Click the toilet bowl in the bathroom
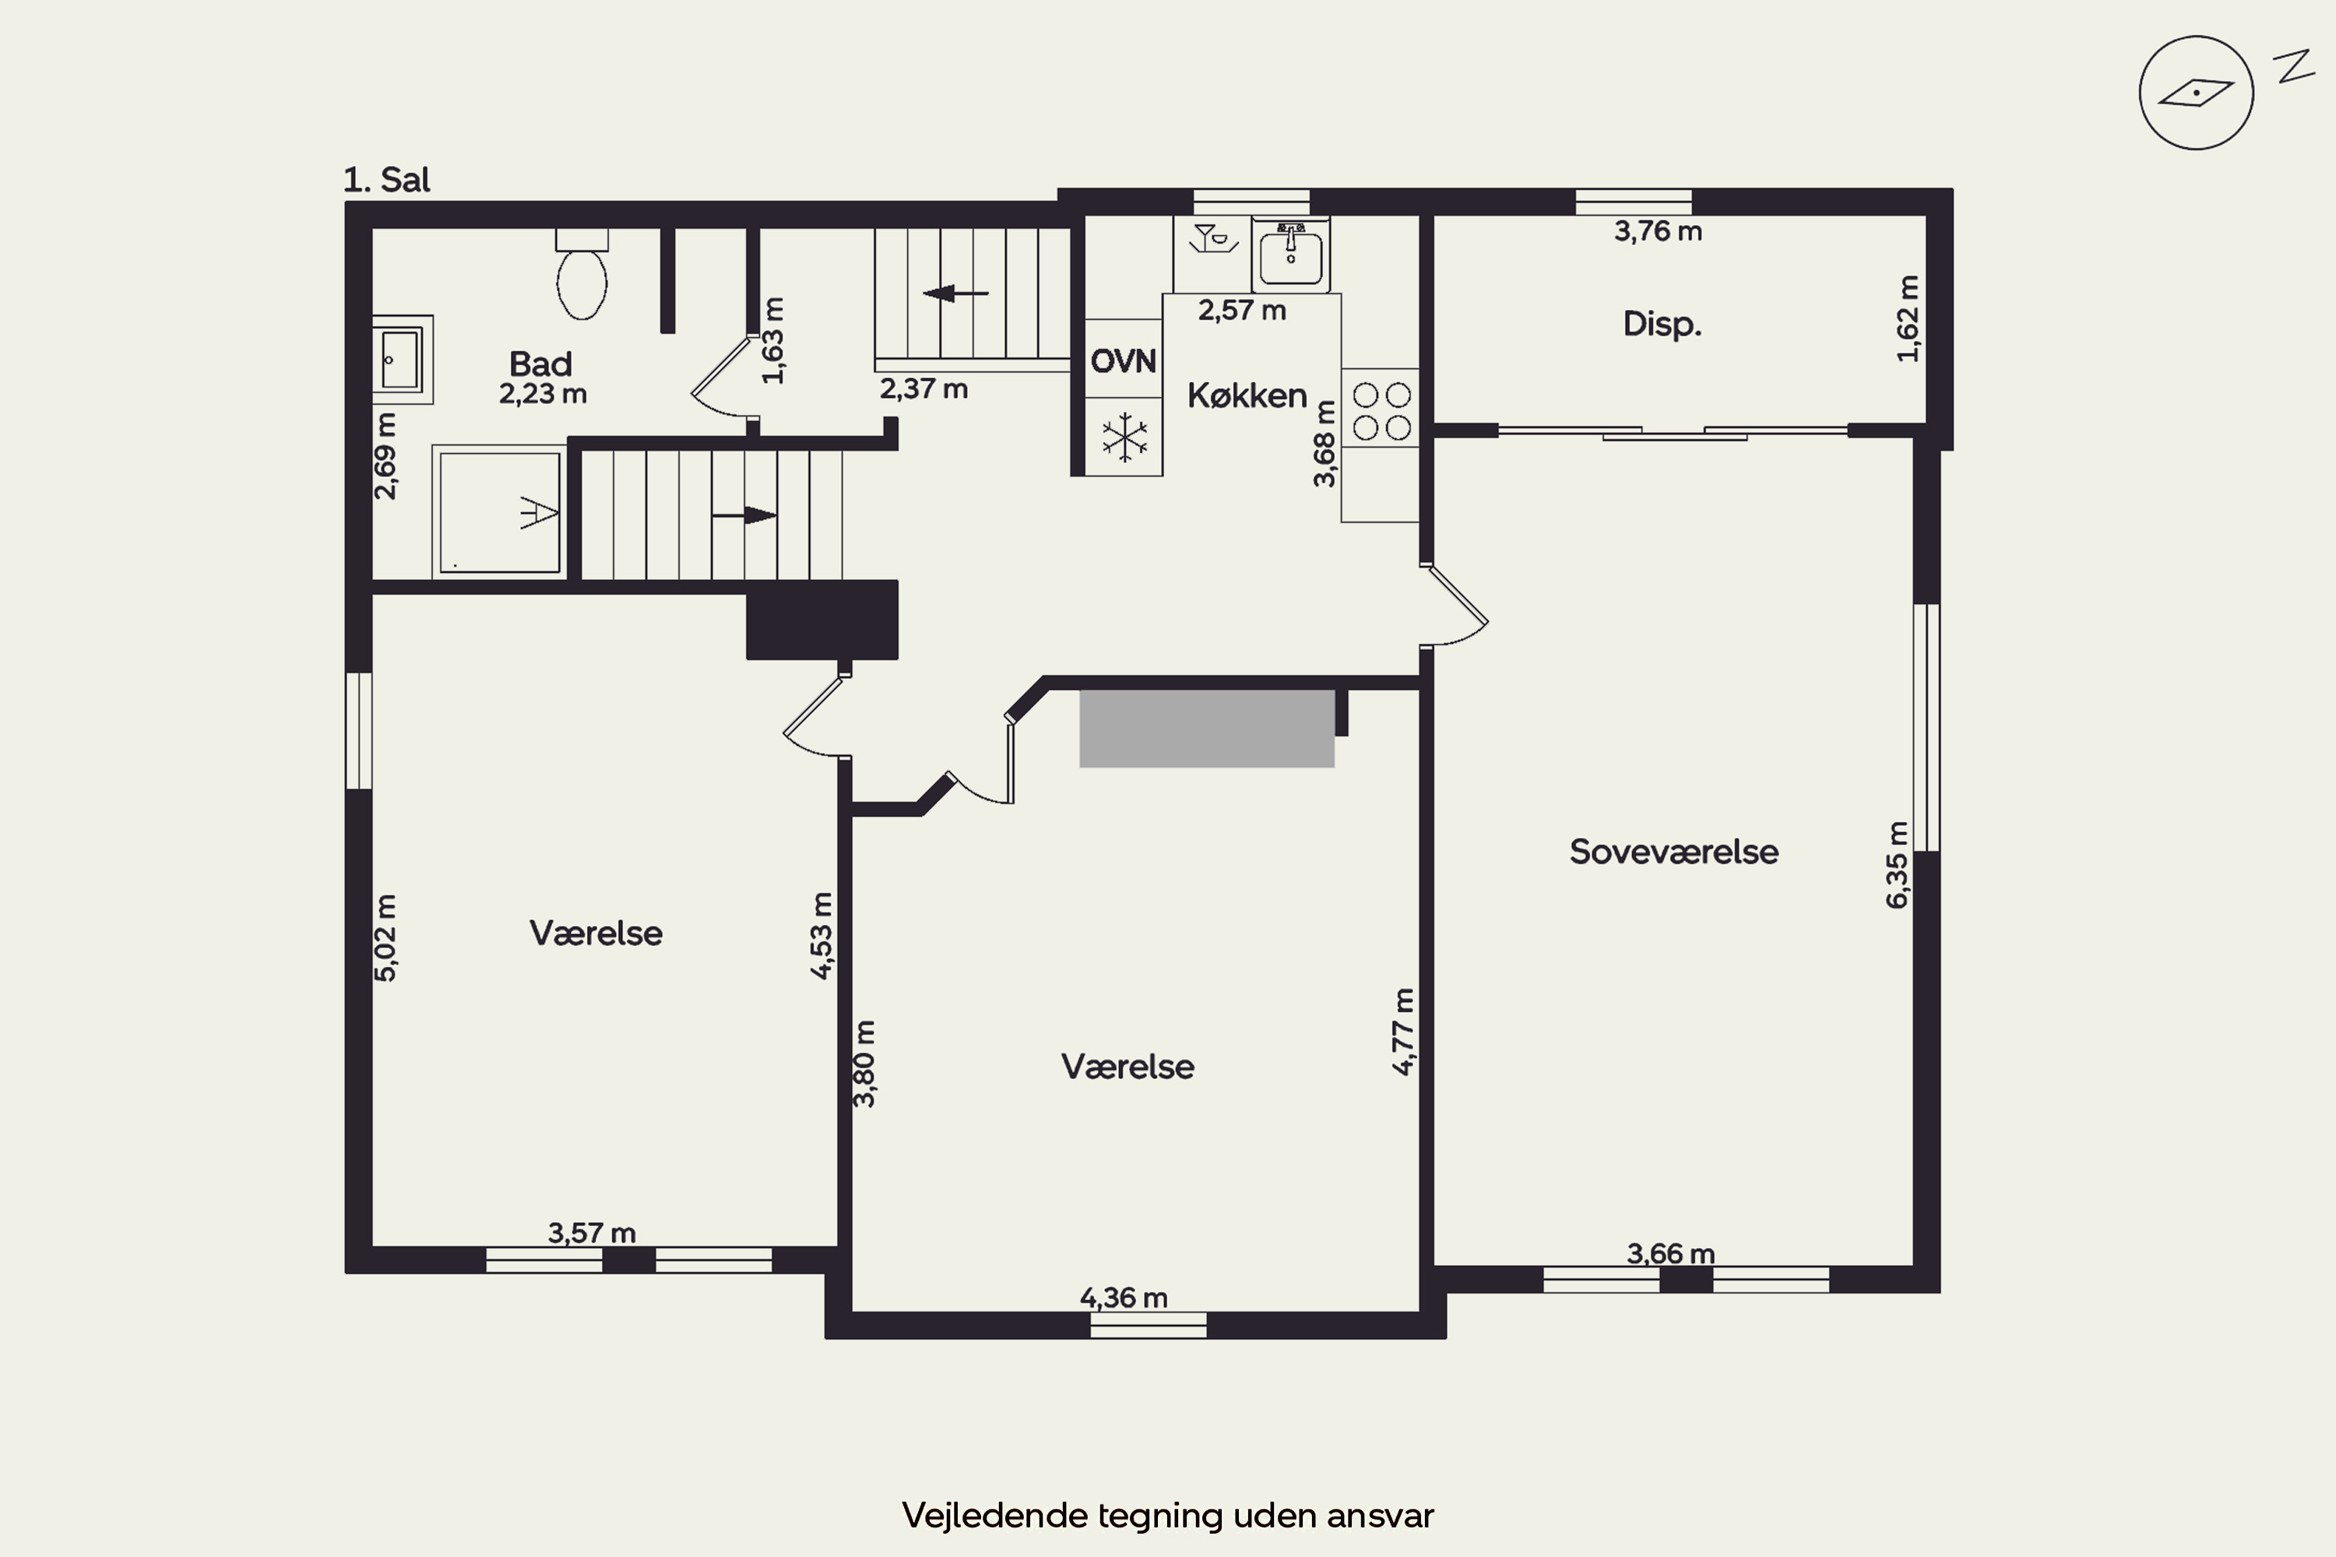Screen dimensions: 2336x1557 (582, 284)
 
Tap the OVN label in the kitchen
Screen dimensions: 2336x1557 (1124, 360)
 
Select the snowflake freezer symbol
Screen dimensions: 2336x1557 (1124, 437)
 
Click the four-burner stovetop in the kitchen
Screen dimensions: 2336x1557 (1381, 411)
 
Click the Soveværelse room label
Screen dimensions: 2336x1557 (1673, 852)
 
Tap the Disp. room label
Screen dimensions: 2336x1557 (1662, 324)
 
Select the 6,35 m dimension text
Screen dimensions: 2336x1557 (1897, 865)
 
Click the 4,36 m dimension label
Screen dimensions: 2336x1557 (1124, 1298)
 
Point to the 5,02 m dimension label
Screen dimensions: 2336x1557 (385, 938)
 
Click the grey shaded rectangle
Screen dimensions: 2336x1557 (1207, 729)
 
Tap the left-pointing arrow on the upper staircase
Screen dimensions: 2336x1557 (955, 293)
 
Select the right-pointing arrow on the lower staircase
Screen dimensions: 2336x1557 (744, 515)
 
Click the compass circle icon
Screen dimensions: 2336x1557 (2196, 93)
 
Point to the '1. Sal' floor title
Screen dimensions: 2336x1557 (386, 180)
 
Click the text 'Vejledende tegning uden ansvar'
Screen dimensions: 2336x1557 (1168, 1515)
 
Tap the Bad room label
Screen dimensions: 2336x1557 (540, 364)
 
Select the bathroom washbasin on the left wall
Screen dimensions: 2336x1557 (403, 360)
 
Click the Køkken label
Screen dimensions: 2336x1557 (1247, 395)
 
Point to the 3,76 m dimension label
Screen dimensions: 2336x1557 (1658, 231)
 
